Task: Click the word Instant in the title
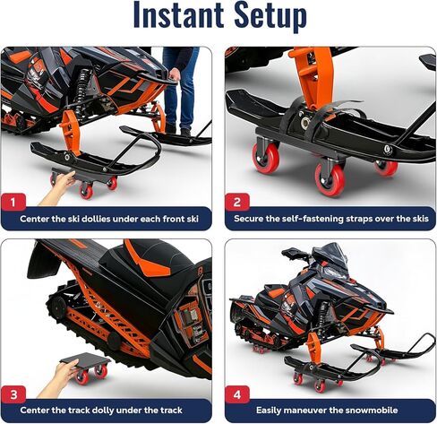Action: [169, 17]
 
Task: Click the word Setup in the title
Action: [267, 17]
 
